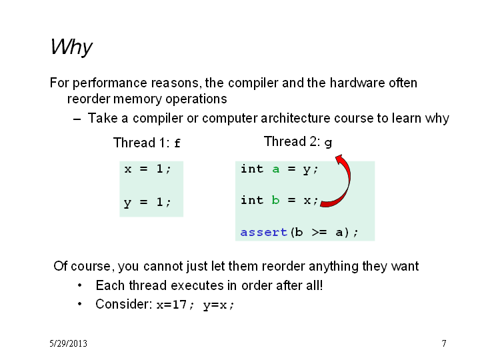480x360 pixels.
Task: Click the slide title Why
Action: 71,47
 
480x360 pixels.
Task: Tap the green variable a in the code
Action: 276,169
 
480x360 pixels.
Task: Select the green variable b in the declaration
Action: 275,200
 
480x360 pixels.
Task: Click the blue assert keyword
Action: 263,232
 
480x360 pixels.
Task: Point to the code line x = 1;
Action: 147,169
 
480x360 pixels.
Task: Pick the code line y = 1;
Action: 147,203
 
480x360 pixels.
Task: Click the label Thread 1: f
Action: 147,143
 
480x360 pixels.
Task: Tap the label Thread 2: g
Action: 298,142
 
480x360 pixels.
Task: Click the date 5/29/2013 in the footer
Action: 68,343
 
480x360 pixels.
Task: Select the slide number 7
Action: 444,343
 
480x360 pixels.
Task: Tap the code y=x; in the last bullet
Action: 219,305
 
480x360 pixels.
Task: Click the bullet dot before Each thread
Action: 79,285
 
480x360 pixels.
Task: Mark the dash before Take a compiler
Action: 77,119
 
